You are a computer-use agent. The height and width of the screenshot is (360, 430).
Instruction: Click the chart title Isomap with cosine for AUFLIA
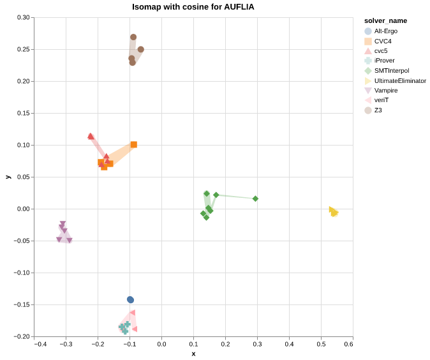[x=193, y=7]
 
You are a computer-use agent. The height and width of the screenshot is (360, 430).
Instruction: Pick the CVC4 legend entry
[x=383, y=41]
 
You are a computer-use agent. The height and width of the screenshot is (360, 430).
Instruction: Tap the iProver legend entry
[x=384, y=61]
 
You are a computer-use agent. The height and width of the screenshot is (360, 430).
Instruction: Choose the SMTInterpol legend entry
[x=391, y=70]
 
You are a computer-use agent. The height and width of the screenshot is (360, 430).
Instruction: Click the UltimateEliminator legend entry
[x=400, y=80]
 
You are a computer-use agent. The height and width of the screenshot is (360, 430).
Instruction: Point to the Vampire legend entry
[x=385, y=90]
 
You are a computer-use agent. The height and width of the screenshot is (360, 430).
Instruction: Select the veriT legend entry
[x=382, y=100]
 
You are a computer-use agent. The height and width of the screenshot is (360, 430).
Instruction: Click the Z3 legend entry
[x=378, y=110]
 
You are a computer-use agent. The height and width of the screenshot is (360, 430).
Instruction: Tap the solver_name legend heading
[x=381, y=21]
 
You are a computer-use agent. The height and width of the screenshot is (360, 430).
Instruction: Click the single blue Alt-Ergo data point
[x=130, y=299]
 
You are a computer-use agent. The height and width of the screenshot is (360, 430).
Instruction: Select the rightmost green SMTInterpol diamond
[x=255, y=199]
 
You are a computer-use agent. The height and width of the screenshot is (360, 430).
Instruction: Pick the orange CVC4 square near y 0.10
[x=133, y=145]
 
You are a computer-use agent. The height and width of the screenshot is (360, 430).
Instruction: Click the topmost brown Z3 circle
[x=133, y=37]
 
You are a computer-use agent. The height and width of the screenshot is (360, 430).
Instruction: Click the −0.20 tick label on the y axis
[x=22, y=336]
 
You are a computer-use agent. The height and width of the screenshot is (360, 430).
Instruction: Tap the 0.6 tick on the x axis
[x=348, y=345]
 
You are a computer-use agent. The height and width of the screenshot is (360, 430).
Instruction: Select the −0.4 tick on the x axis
[x=41, y=345]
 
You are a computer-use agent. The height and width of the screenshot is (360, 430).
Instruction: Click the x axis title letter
[x=193, y=354]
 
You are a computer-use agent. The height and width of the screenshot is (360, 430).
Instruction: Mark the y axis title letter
[x=8, y=177]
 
